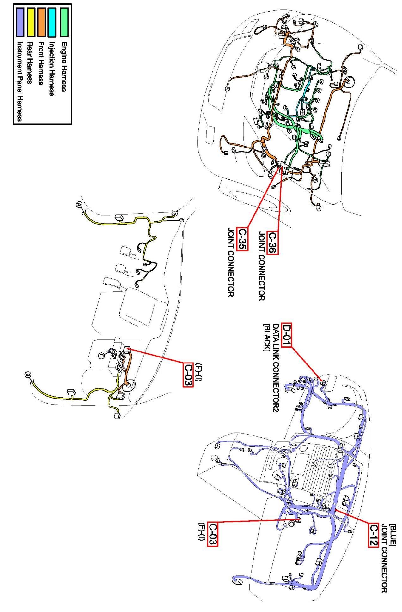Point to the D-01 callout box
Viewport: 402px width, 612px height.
287,335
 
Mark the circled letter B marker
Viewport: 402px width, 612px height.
28,375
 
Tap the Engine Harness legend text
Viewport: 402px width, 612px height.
64,66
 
